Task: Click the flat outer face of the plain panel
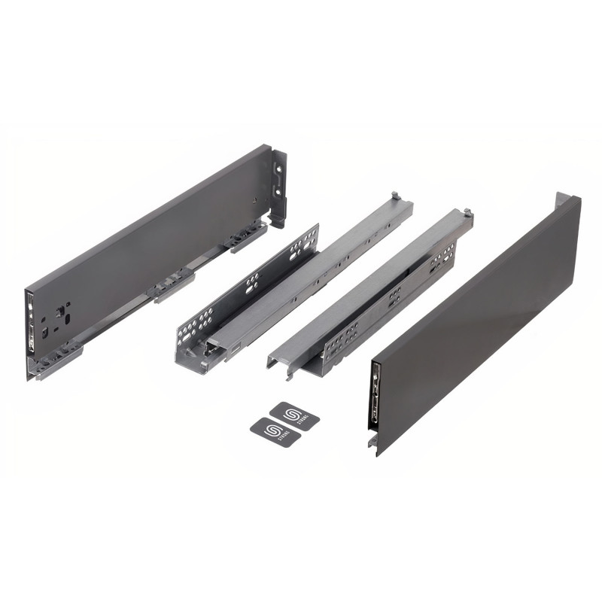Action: point(482,324)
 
